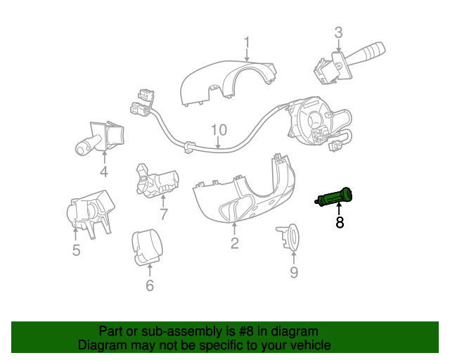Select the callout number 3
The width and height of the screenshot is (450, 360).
click(x=338, y=32)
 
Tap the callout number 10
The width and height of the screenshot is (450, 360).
click(x=219, y=129)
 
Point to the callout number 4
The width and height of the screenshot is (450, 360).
click(x=103, y=172)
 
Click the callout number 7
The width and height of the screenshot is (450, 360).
click(x=163, y=214)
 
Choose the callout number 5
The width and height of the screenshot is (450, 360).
click(x=76, y=250)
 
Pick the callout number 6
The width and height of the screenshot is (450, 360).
click(x=149, y=285)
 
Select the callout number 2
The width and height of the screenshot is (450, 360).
click(x=234, y=243)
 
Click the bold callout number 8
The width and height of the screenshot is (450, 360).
click(x=340, y=223)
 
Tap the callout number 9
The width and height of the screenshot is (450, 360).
click(x=294, y=272)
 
